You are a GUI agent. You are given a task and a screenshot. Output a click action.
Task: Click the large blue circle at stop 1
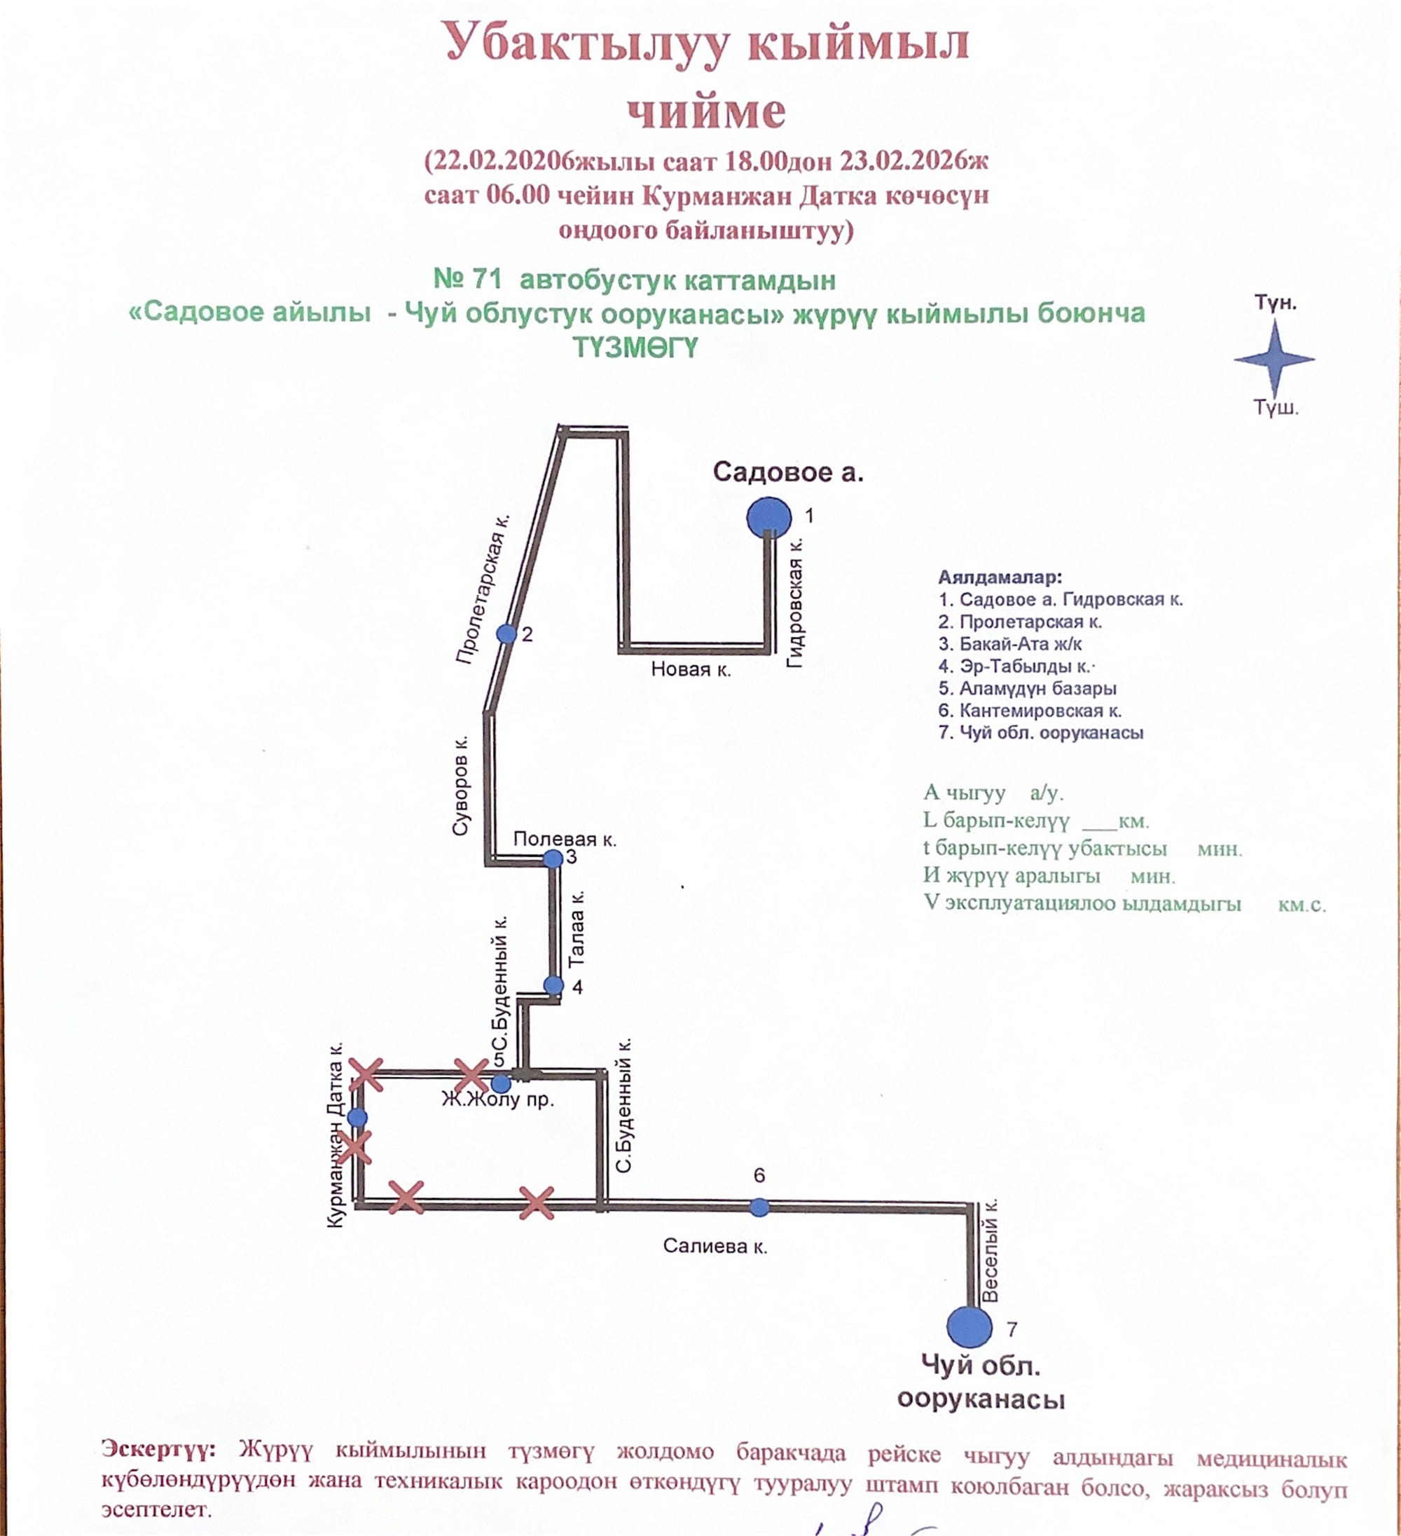pyautogui.click(x=768, y=517)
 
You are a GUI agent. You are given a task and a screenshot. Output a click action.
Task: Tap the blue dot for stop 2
pyautogui.click(x=506, y=633)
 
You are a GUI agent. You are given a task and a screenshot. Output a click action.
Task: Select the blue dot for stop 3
pyautogui.click(x=553, y=858)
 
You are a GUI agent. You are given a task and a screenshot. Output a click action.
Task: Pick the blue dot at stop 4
pyautogui.click(x=554, y=985)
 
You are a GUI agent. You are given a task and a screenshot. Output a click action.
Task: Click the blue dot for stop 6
pyautogui.click(x=759, y=1207)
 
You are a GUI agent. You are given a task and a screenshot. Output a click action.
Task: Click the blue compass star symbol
pyautogui.click(x=1274, y=358)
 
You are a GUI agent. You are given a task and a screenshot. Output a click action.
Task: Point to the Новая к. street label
pyautogui.click(x=690, y=670)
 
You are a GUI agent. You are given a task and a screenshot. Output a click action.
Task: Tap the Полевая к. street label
pyautogui.click(x=565, y=839)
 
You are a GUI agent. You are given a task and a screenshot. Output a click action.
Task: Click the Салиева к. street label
pyautogui.click(x=715, y=1246)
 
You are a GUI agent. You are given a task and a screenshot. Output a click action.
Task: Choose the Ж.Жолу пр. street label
pyautogui.click(x=498, y=1099)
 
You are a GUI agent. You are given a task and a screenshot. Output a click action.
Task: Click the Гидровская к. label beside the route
pyautogui.click(x=795, y=603)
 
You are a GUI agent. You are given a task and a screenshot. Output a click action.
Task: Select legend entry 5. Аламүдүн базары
pyautogui.click(x=1027, y=689)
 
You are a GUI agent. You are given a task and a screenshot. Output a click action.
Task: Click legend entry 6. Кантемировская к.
pyautogui.click(x=1029, y=711)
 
